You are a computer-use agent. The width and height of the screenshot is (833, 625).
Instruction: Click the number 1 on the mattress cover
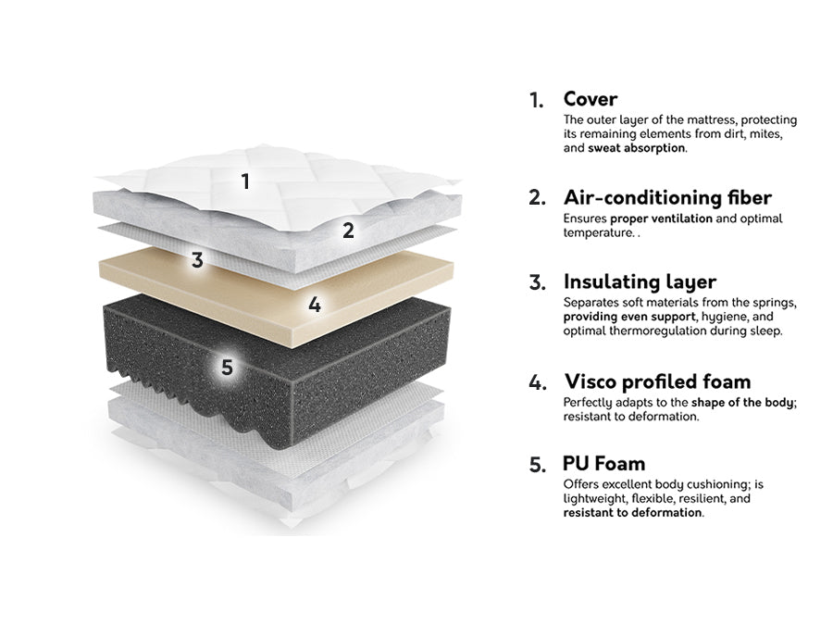tap(245, 181)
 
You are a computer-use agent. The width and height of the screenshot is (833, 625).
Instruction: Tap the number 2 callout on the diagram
tap(348, 231)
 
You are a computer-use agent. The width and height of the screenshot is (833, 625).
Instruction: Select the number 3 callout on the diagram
tap(197, 260)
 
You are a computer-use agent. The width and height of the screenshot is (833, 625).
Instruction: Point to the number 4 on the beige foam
tap(315, 305)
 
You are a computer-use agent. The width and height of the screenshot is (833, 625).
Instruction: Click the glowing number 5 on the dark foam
tap(227, 368)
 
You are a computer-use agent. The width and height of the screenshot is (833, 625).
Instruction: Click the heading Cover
tap(591, 99)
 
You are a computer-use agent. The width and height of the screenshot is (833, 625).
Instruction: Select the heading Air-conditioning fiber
tap(667, 197)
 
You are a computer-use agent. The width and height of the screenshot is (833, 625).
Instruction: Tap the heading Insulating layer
tap(640, 281)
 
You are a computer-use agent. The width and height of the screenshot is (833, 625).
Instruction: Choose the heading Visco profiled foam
tap(658, 381)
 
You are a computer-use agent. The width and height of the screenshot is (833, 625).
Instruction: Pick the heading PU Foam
tap(604, 464)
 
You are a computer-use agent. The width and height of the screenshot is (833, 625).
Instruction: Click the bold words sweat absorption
tap(637, 148)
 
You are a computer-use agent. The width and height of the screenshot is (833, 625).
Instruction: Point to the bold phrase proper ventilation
tap(662, 219)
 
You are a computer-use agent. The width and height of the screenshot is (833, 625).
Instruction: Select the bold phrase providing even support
tap(629, 317)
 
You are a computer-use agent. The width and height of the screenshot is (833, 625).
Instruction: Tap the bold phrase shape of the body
tap(742, 403)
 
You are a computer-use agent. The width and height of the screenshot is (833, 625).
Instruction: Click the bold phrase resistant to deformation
tap(632, 513)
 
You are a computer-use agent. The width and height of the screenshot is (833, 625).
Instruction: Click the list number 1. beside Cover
tap(536, 100)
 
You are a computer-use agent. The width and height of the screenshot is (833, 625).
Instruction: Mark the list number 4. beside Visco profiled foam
tap(538, 382)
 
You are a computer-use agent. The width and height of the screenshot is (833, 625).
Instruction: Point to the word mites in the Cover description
tap(766, 134)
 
